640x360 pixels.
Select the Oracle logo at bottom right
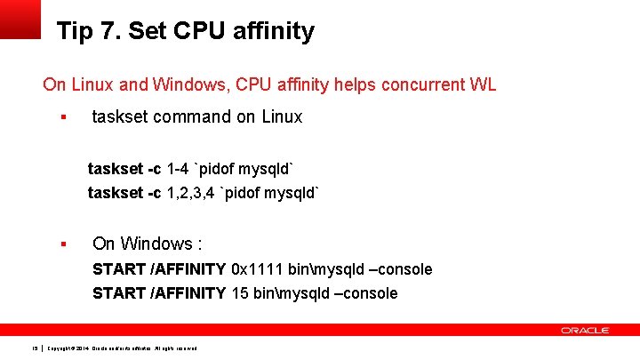tap(585, 330)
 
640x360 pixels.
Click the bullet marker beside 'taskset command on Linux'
tap(63, 117)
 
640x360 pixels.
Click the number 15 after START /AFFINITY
tap(239, 293)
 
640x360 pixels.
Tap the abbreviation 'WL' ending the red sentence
tap(483, 85)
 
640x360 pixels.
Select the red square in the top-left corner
tap(20, 18)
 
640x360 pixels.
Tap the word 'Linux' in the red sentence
tap(91, 85)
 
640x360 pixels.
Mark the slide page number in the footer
tap(35, 348)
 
